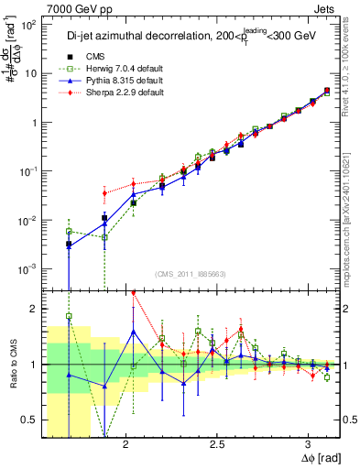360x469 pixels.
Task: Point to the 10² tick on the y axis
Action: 29,25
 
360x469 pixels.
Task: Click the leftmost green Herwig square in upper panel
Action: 69,232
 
